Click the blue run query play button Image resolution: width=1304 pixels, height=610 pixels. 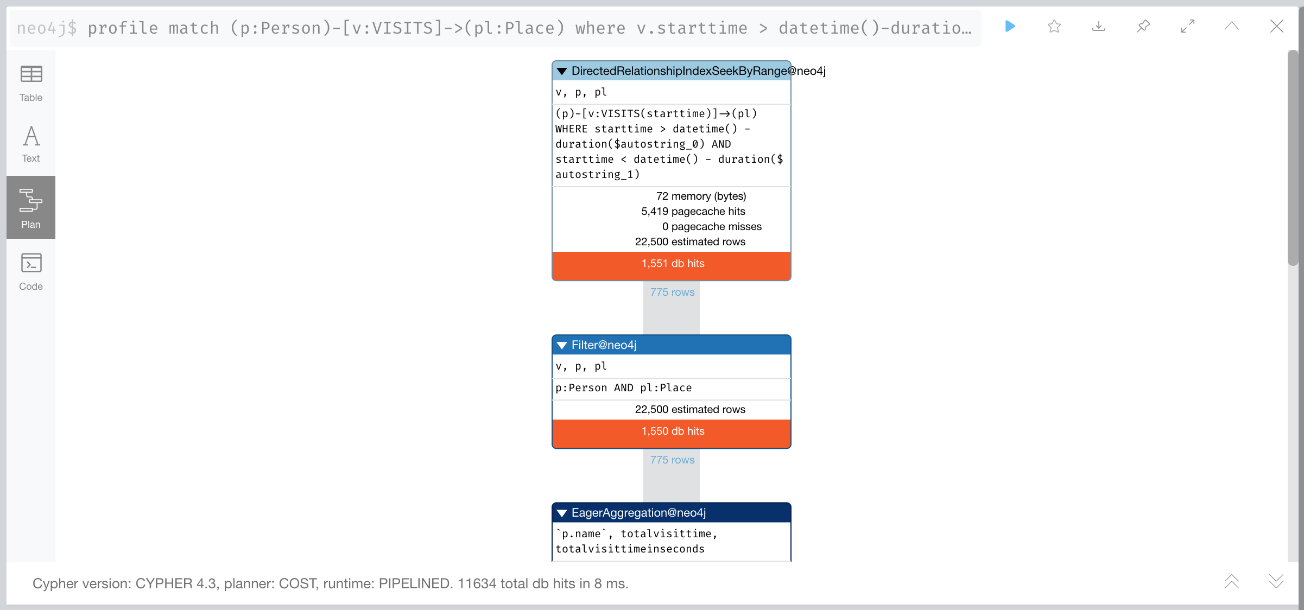tap(1010, 26)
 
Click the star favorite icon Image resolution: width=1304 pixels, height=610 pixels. tap(1054, 26)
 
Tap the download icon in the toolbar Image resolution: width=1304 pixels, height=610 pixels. tap(1099, 26)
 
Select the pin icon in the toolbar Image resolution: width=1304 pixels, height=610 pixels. tap(1143, 26)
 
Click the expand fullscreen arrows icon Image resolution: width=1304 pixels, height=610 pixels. tap(1188, 26)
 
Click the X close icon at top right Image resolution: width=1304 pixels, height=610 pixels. tap(1277, 26)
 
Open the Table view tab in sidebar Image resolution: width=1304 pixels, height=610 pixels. tap(31, 84)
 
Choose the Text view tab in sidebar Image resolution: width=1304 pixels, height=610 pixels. tap(31, 144)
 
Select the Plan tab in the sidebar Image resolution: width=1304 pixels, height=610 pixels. tap(31, 207)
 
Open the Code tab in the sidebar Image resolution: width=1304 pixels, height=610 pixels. tap(31, 271)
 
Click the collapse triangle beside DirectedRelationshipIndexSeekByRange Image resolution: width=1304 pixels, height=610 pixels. tap(562, 71)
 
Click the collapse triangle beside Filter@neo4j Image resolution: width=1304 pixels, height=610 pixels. tap(562, 345)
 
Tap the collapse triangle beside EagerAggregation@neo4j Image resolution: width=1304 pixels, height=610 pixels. tap(562, 513)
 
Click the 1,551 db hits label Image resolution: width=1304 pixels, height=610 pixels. tap(673, 263)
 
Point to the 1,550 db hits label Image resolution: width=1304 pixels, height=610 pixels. tap(673, 431)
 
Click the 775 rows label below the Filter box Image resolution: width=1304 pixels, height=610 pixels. tap(673, 460)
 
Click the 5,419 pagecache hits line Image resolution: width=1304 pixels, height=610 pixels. tap(693, 211)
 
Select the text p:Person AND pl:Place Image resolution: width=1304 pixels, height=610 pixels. tap(624, 388)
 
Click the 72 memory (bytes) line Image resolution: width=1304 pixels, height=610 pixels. tap(701, 196)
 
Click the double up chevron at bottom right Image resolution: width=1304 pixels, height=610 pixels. tap(1232, 581)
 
